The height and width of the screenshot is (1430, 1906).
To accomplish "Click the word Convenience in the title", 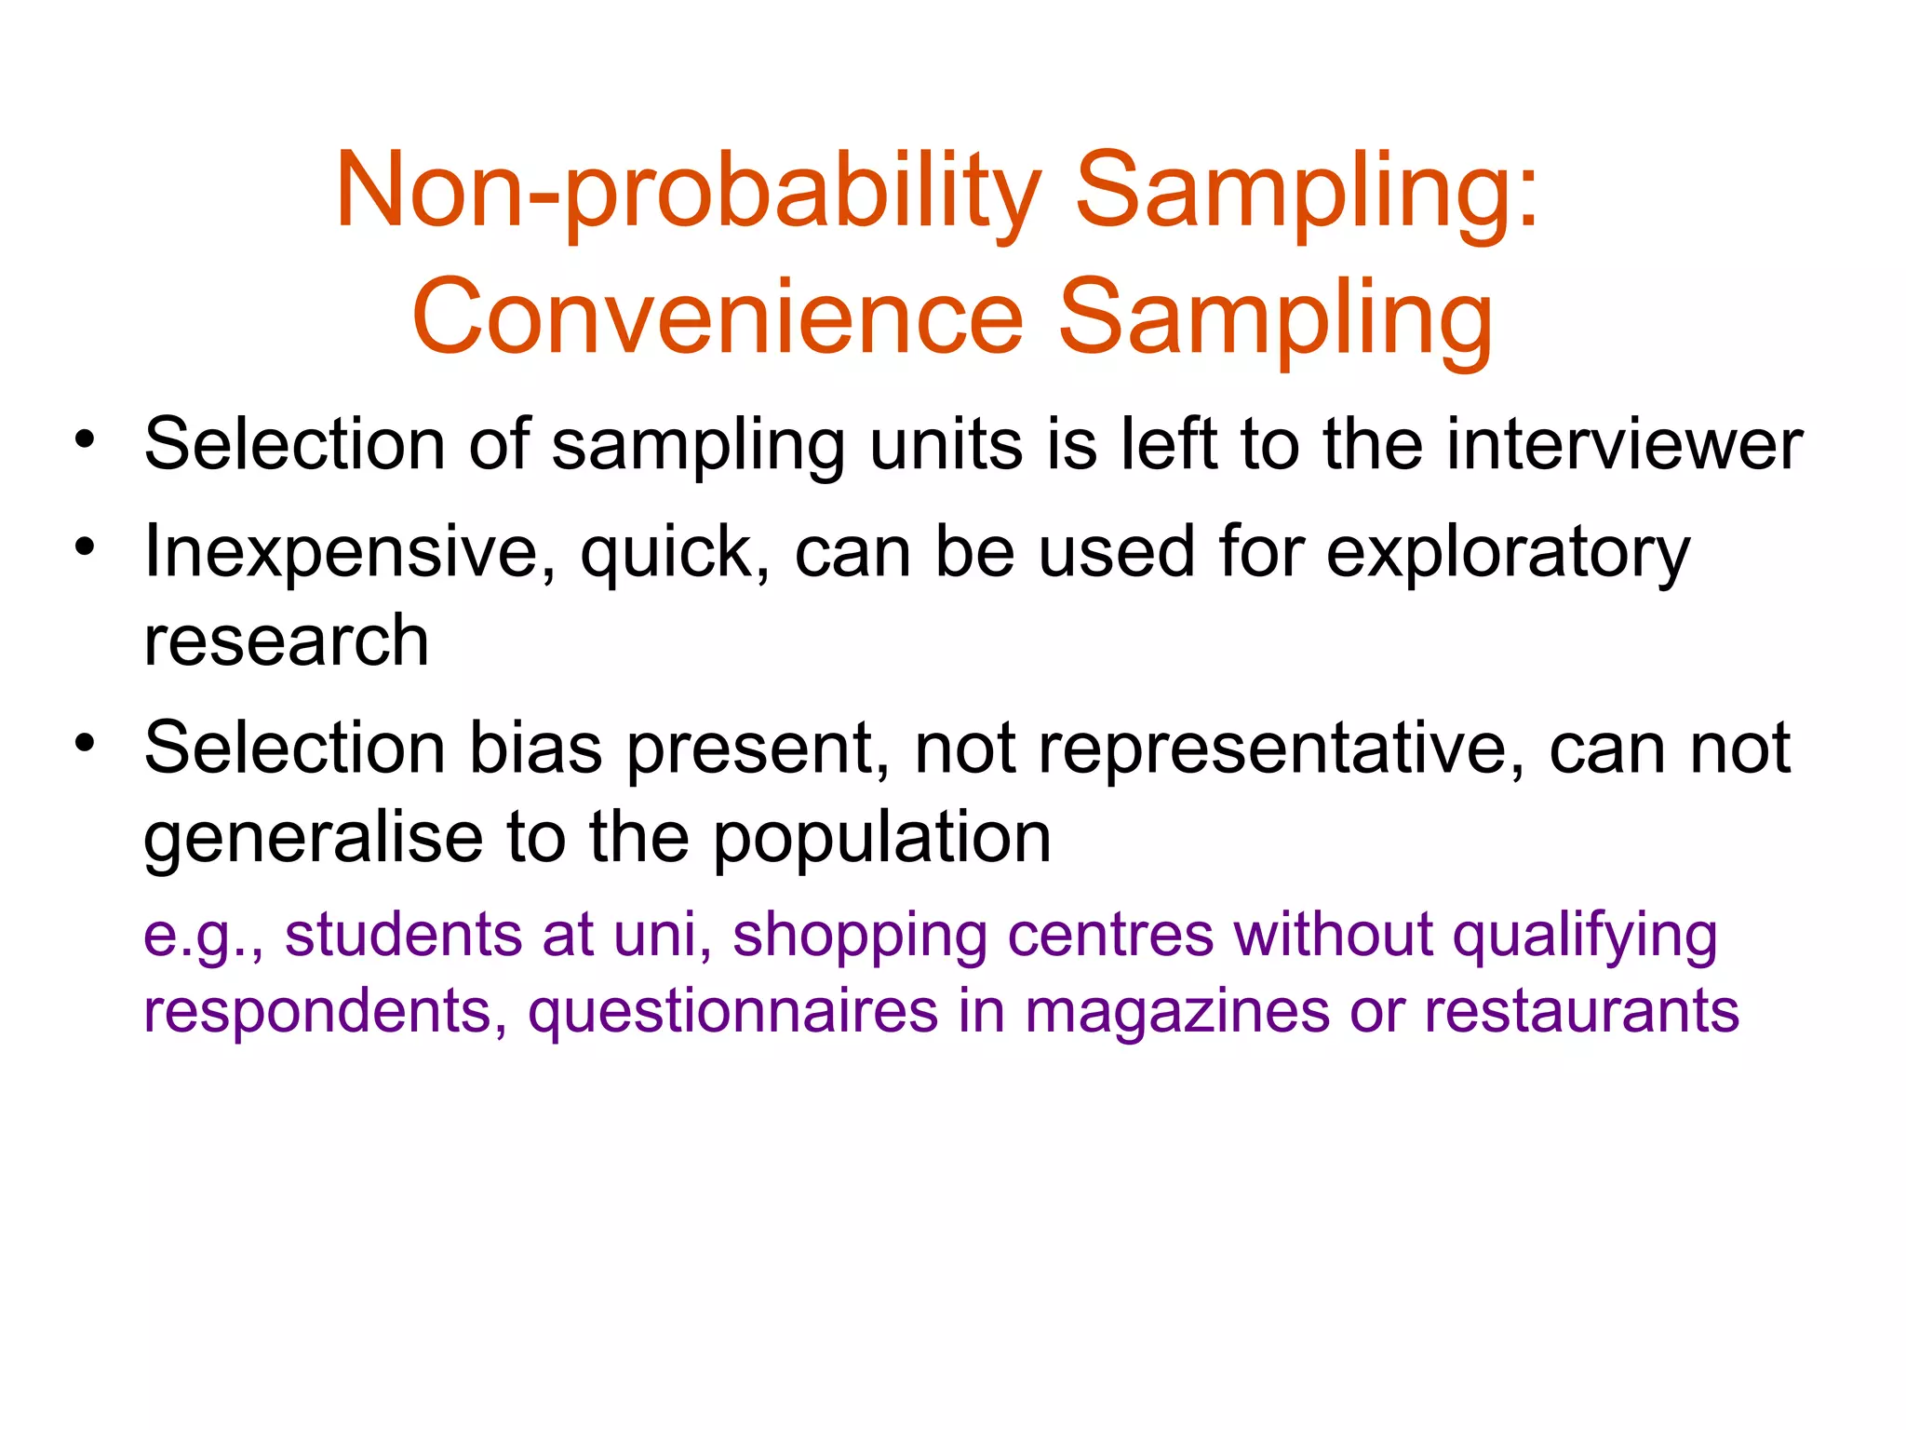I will [x=718, y=319].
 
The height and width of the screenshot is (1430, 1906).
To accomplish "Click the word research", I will [x=287, y=641].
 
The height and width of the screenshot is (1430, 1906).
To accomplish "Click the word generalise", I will [x=313, y=838].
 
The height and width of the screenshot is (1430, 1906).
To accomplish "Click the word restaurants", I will [x=1581, y=1012].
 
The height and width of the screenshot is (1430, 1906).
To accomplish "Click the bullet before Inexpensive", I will [x=86, y=546].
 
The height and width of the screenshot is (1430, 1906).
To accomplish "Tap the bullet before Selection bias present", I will [x=86, y=742].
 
